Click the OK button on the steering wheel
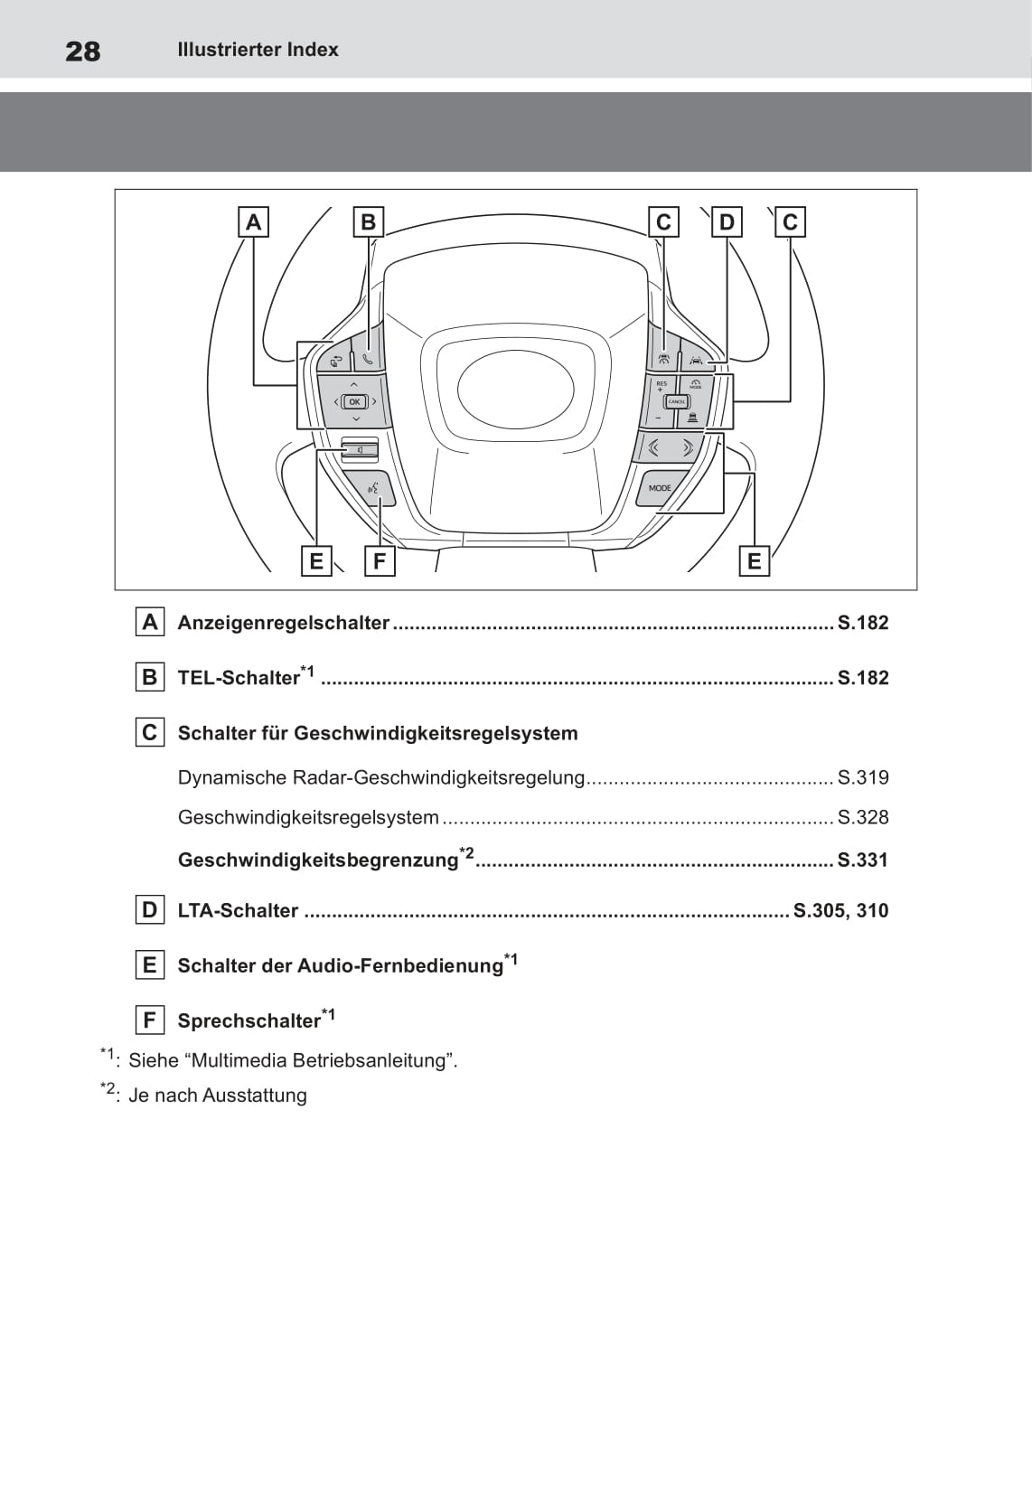[354, 401]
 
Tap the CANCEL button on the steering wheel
[676, 401]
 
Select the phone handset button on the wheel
[368, 358]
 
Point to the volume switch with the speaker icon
[359, 448]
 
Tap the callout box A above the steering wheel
[253, 221]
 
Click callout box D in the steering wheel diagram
[727, 221]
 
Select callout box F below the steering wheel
[380, 561]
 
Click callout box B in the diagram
[368, 221]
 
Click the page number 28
[83, 52]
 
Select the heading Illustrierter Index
[258, 50]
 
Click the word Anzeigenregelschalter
[284, 623]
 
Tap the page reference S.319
[863, 777]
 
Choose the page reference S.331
[863, 860]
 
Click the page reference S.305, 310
[840, 910]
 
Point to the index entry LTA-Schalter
[238, 911]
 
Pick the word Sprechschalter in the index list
[249, 1020]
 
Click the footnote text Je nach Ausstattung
[218, 1095]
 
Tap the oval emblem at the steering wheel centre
[515, 390]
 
